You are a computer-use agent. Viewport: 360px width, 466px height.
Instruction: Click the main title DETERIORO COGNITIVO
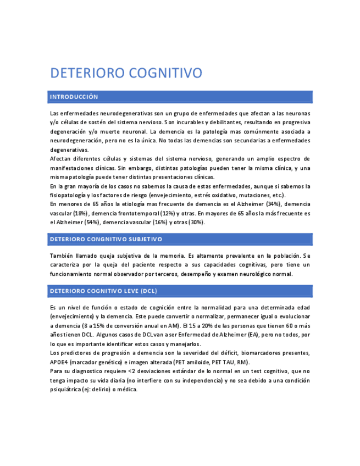coord(126,73)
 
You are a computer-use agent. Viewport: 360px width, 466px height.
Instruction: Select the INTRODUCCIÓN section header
coord(74,97)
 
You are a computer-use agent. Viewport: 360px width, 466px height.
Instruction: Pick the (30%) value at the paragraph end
coord(196,222)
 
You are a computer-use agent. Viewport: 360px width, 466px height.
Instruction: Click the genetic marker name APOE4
coord(59,362)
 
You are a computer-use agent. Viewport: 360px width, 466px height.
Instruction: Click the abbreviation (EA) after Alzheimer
coord(253,335)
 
